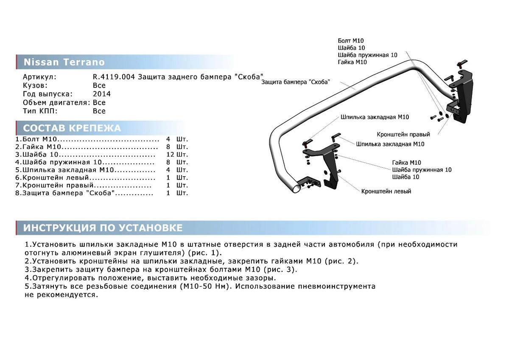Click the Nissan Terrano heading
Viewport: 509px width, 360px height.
[64, 62]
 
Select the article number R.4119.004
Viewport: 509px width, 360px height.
[114, 77]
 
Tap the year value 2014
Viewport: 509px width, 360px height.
[102, 94]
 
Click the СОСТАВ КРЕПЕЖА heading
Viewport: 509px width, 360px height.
[72, 128]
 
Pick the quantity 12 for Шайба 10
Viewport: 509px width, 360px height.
[170, 155]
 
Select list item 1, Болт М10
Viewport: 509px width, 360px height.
[36, 139]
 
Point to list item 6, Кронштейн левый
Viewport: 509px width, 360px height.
[52, 177]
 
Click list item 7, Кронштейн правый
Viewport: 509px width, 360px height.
[55, 185]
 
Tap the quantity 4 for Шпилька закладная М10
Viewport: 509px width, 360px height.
[168, 170]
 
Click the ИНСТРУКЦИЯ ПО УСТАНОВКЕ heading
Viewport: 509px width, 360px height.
[103, 228]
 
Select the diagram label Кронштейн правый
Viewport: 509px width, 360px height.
[403, 135]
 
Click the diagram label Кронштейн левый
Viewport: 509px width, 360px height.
[386, 191]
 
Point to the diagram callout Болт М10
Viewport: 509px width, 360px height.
[351, 41]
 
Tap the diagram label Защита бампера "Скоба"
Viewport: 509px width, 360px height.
[296, 82]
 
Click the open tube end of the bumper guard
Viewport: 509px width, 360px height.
[296, 189]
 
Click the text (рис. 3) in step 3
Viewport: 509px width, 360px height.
[280, 270]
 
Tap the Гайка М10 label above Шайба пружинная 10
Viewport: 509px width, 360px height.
[406, 163]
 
